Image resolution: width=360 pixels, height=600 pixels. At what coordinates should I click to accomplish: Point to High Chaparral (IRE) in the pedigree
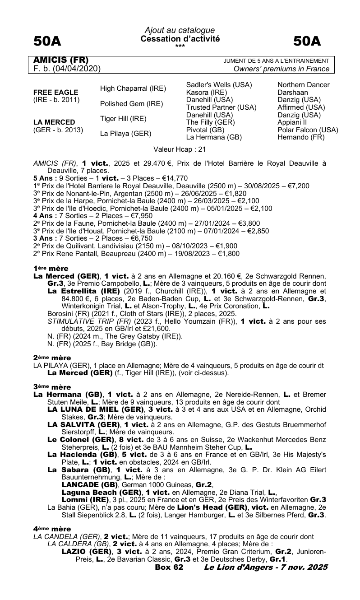click(133, 88)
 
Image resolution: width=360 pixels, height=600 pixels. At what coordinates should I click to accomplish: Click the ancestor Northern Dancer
click(304, 85)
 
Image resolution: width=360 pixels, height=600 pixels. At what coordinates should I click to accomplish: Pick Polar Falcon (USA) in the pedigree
click(308, 130)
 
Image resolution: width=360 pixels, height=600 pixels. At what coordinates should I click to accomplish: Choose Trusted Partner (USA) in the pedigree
click(221, 107)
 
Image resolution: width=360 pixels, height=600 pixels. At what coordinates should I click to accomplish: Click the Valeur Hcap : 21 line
click(180, 149)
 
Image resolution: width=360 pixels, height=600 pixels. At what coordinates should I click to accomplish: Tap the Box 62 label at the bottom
click(169, 567)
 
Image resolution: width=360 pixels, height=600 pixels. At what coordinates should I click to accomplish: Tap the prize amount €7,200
click(297, 186)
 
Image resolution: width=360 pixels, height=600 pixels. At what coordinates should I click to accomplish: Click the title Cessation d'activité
click(180, 39)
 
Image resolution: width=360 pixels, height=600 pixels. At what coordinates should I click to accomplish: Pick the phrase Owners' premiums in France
click(282, 69)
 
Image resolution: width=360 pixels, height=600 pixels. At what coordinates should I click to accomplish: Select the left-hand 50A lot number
click(48, 42)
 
